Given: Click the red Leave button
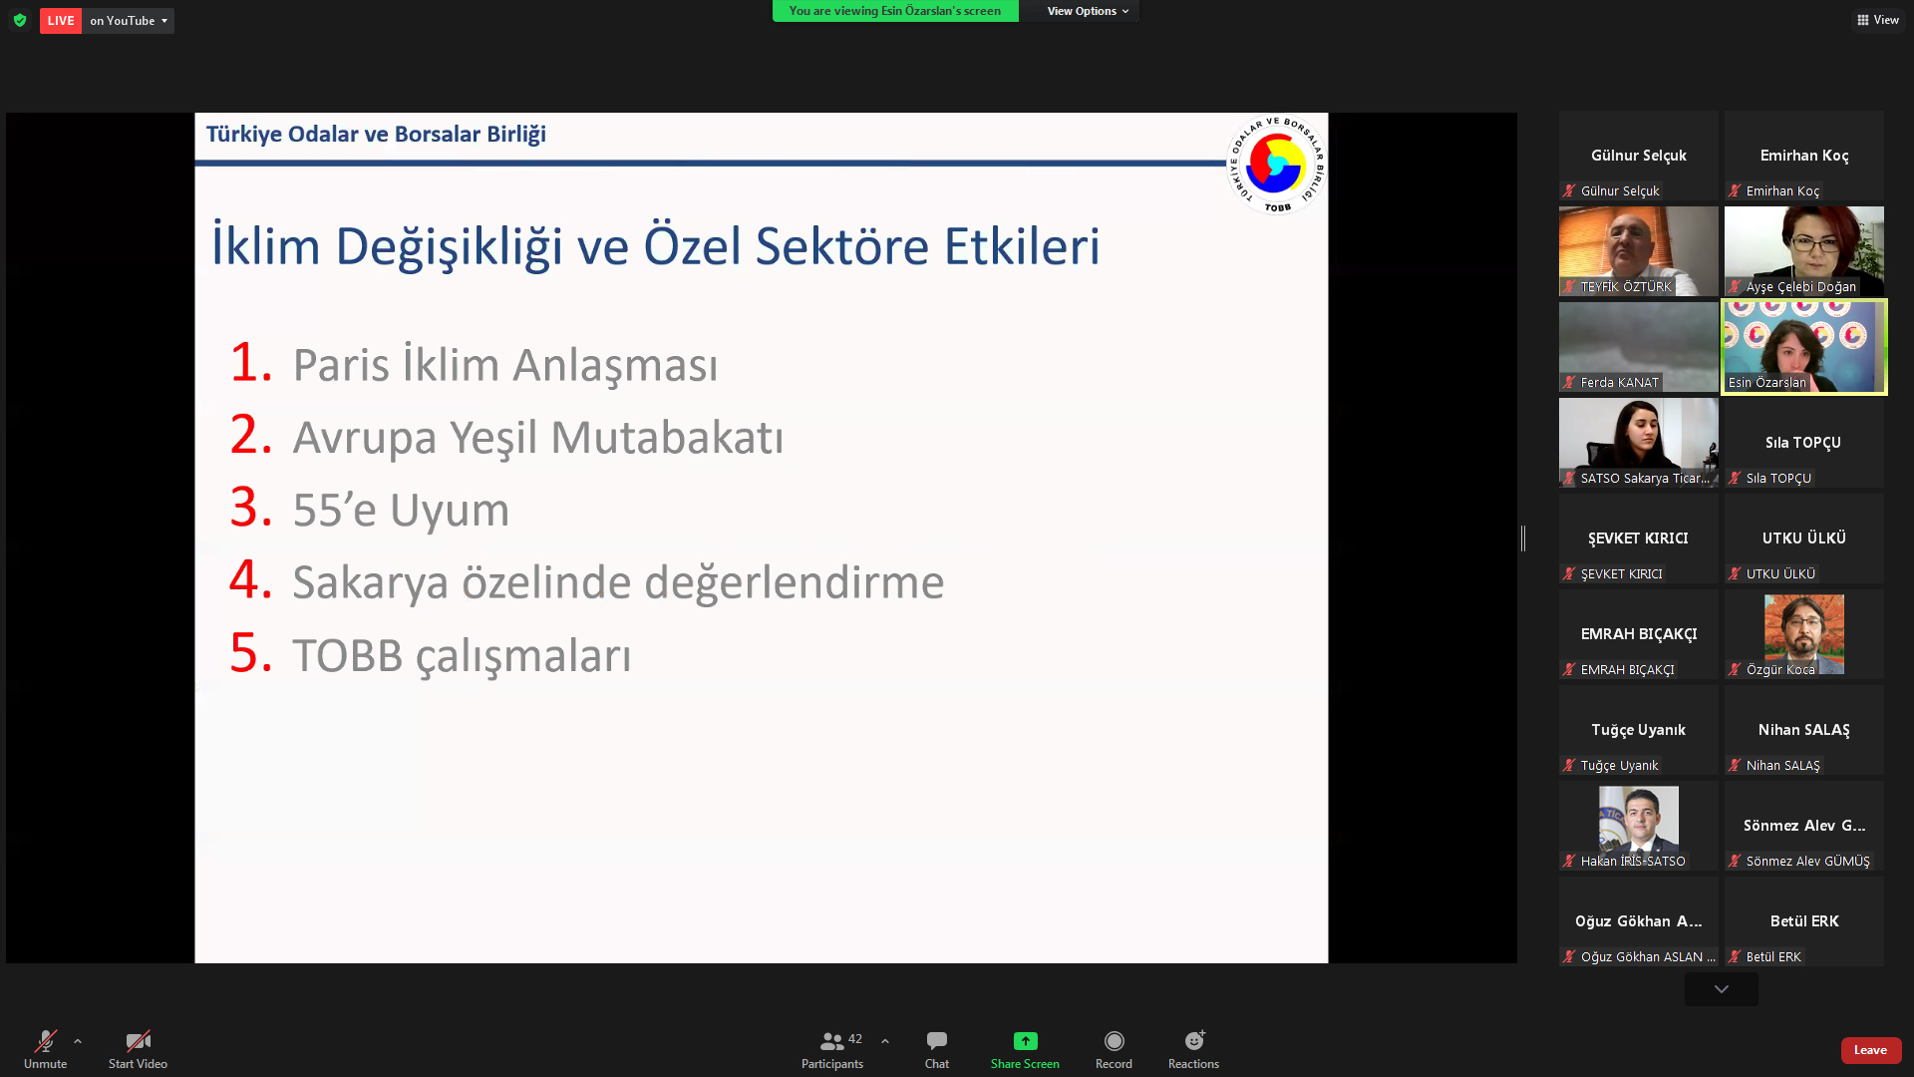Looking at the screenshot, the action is tap(1870, 1050).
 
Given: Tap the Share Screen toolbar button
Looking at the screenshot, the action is tap(1025, 1041).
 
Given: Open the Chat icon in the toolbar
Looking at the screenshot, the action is tap(937, 1041).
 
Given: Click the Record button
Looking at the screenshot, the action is tap(1114, 1041).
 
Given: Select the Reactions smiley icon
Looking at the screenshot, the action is tap(1194, 1040).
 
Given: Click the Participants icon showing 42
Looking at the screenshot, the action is tap(840, 1041).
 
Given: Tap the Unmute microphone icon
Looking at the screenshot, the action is tap(46, 1041).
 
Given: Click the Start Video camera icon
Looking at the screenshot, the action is tap(138, 1041).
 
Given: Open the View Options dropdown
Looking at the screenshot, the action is tap(1088, 11).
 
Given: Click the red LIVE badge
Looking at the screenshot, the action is tap(61, 21).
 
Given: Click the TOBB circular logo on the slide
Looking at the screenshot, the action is tap(1276, 165).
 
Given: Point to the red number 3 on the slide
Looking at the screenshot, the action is tap(250, 507).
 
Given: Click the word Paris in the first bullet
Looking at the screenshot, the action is tap(341, 365).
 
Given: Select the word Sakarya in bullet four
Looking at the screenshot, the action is tap(371, 583).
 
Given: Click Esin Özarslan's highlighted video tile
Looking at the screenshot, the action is tap(1804, 347).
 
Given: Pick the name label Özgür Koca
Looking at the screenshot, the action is tap(1780, 670).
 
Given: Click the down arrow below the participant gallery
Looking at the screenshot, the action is tap(1722, 989).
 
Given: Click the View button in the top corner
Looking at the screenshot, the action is tap(1878, 20).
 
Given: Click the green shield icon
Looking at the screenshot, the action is tap(20, 20).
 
